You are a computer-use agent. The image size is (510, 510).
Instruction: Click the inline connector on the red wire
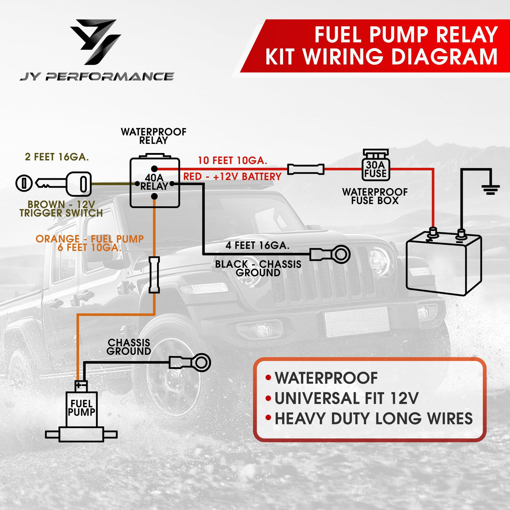coord(306,169)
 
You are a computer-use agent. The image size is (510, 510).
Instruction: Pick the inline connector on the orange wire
coord(154,275)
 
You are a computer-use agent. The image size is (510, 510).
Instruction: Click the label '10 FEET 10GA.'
coord(232,161)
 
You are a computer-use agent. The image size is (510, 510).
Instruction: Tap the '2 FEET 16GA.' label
coord(57,157)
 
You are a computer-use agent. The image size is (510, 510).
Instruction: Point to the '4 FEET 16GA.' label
coord(257,246)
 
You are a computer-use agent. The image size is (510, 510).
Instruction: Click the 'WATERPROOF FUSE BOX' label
coord(375,196)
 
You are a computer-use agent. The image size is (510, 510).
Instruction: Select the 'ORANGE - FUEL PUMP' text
coord(90,239)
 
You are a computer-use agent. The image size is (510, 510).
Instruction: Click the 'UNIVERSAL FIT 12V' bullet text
coord(346,398)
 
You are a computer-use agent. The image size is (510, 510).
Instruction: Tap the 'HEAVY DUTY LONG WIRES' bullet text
coord(373,419)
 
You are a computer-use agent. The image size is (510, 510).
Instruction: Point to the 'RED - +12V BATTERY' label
coord(232,177)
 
